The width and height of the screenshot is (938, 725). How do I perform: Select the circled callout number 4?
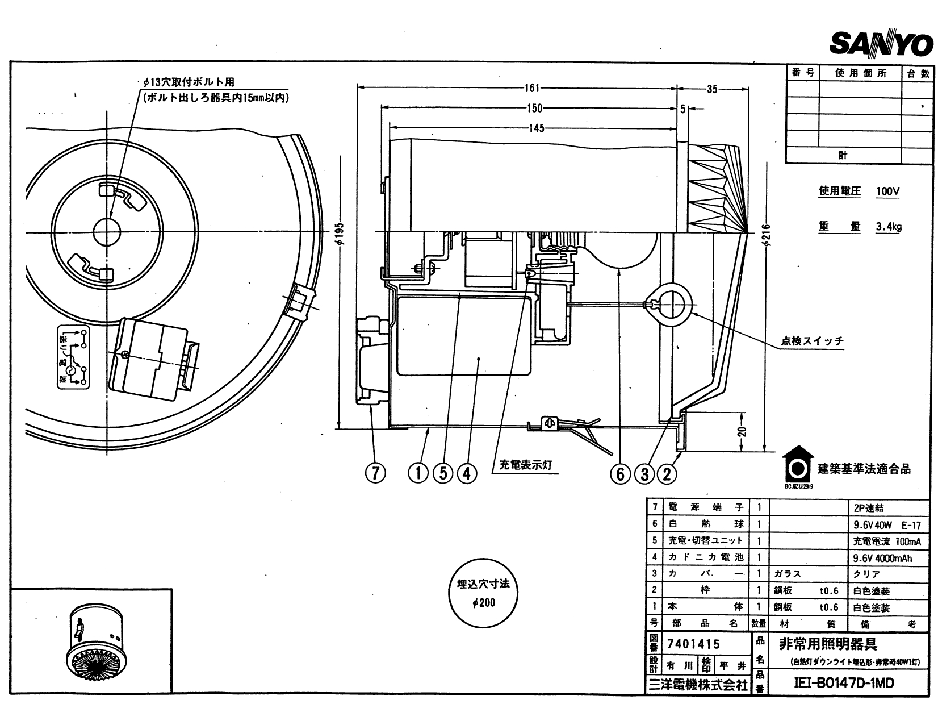[467, 473]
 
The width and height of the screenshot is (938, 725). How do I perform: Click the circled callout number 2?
[667, 473]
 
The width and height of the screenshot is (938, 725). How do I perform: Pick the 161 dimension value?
[531, 88]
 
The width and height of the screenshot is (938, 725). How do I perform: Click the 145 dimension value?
[536, 128]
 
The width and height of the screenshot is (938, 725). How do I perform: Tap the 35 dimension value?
[712, 89]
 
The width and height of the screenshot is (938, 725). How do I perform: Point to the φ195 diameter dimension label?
[340, 233]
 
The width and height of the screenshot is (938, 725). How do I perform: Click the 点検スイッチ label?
[812, 341]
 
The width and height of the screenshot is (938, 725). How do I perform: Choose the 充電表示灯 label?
[525, 464]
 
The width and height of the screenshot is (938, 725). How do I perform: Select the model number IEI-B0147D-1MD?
[843, 682]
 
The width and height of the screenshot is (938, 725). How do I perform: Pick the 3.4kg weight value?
[888, 226]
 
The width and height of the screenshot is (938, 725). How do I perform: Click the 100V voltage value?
[887, 191]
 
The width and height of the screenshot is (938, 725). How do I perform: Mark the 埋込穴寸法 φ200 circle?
[483, 594]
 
